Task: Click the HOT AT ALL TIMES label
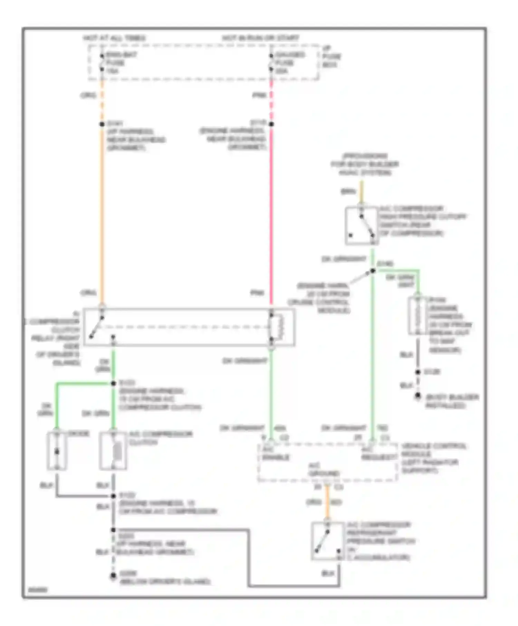[x=114, y=38]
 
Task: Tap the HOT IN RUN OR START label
[x=260, y=38]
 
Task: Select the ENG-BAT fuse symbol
[x=102, y=62]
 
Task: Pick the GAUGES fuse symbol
[x=271, y=62]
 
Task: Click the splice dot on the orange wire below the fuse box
[x=102, y=124]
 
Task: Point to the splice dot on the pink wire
[x=271, y=124]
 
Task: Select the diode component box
[x=57, y=451]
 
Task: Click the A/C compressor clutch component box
[x=113, y=451]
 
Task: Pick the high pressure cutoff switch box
[x=362, y=226]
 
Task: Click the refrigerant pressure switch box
[x=327, y=541]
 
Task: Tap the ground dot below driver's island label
[x=113, y=576]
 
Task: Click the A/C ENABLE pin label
[x=275, y=453]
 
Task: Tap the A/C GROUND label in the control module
[x=324, y=470]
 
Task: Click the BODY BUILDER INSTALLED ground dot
[x=418, y=396]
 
